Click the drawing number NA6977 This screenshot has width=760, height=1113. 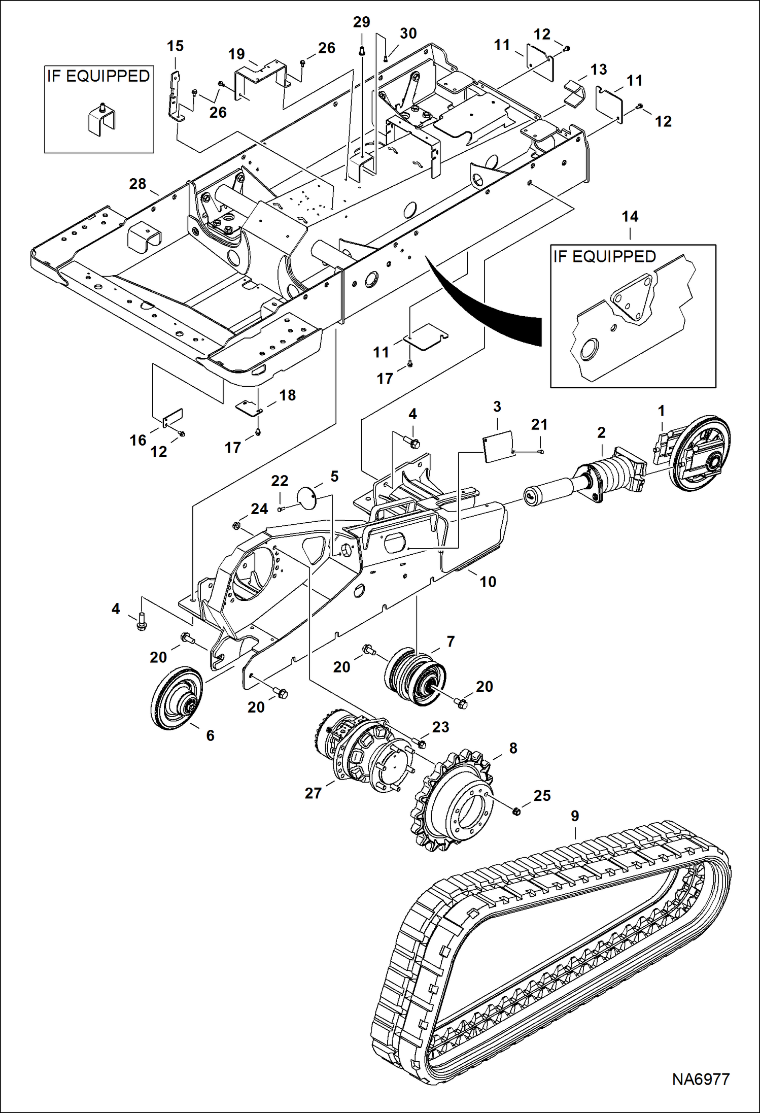(701, 1079)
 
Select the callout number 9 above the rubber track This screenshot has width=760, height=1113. (574, 816)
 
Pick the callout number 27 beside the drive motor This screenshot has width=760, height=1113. (313, 793)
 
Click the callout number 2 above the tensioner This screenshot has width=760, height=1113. (601, 433)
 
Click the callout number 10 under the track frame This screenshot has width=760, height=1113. (488, 582)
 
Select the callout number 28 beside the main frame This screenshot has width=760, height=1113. (137, 184)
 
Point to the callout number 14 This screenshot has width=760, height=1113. (630, 217)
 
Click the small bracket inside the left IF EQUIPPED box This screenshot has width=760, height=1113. (101, 120)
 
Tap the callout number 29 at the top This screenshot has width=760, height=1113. (361, 22)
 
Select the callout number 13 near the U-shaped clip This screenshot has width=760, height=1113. (599, 70)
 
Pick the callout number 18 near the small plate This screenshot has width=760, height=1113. (287, 395)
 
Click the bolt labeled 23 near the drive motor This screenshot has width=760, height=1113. (421, 744)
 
